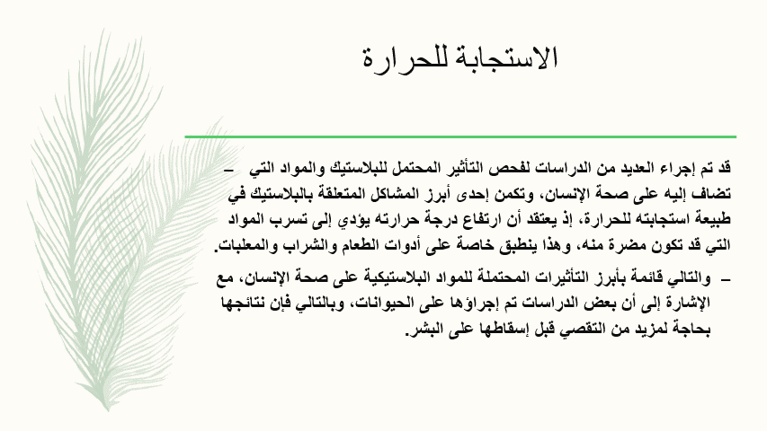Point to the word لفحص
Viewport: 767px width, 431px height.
pos(481,168)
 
